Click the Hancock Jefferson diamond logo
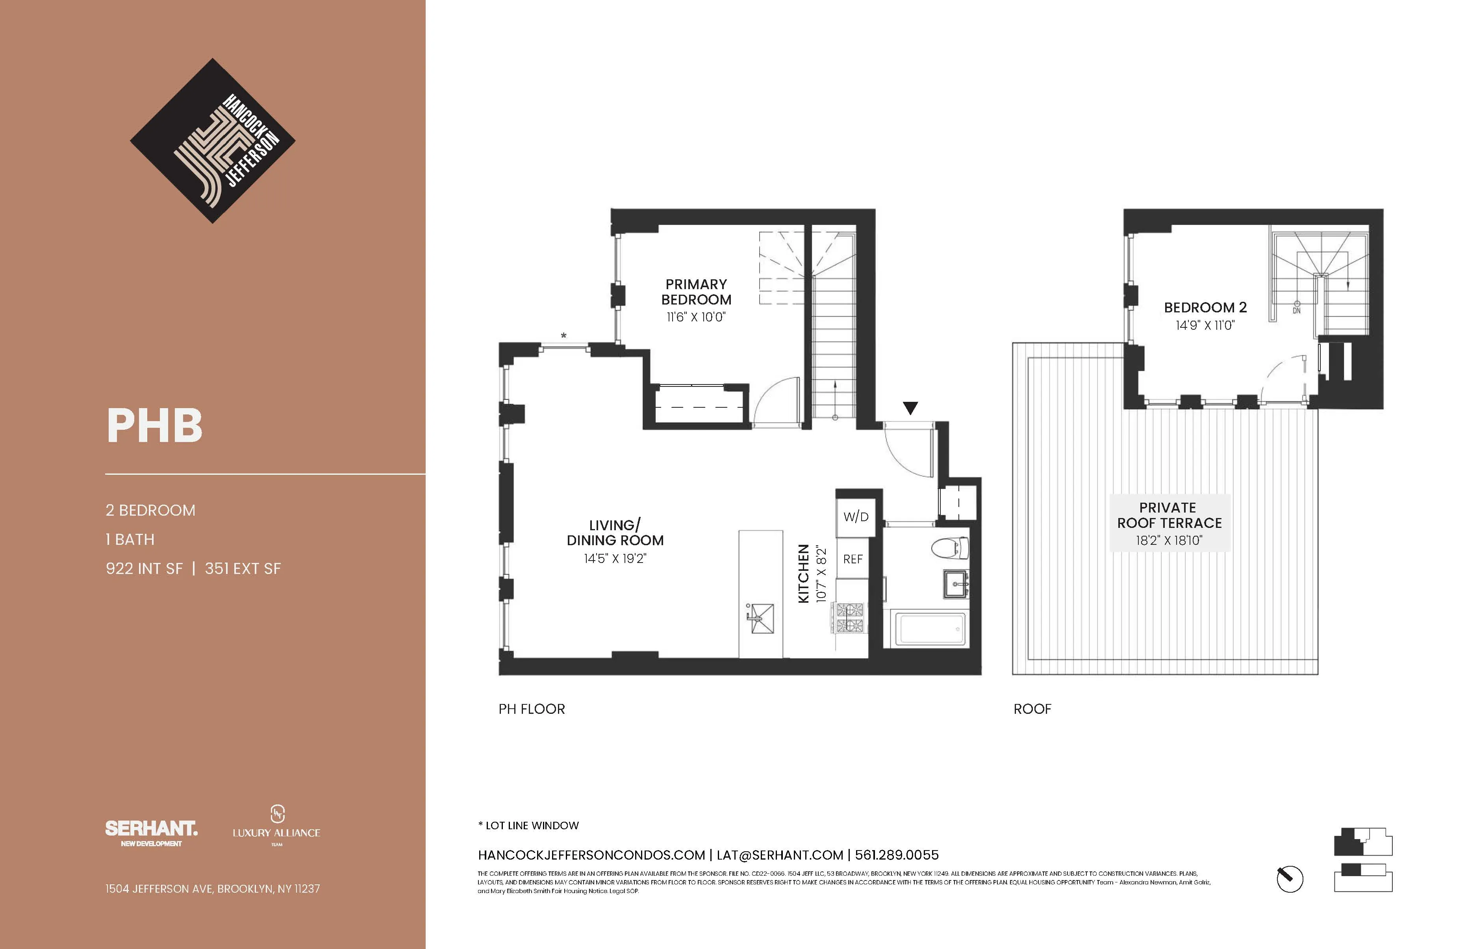tap(213, 141)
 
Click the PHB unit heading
tap(155, 426)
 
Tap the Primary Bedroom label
tap(696, 292)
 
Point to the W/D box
tap(856, 516)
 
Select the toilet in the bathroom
tap(949, 547)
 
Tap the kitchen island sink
tap(761, 618)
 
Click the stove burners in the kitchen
tap(850, 618)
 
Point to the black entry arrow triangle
tap(910, 407)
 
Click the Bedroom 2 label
tap(1205, 308)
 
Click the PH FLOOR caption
tap(532, 709)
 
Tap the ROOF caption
tap(1032, 709)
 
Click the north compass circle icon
tap(1289, 879)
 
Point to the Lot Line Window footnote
tap(528, 825)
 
